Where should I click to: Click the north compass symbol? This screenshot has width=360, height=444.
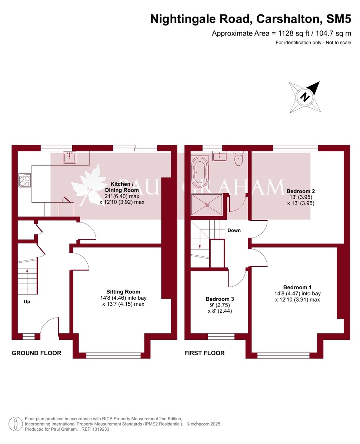[x=304, y=97]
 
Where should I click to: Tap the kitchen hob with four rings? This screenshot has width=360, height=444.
[x=25, y=180]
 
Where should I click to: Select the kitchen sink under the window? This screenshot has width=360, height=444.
[x=70, y=158]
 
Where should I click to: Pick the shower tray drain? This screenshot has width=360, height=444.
[x=207, y=204]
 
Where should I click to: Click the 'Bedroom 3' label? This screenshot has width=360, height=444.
[x=220, y=299]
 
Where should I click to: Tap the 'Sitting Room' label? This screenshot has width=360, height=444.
[x=123, y=292]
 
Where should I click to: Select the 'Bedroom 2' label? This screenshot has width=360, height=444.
[x=300, y=191]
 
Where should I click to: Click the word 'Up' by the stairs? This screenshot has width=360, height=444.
[x=27, y=302]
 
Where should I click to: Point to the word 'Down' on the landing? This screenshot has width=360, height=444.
[x=234, y=230]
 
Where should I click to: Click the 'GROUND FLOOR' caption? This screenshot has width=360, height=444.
[x=36, y=353]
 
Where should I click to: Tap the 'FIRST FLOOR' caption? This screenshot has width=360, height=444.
[x=204, y=353]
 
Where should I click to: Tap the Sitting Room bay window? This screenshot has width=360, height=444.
[x=114, y=355]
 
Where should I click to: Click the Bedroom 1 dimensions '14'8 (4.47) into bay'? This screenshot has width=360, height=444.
[x=297, y=293]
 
